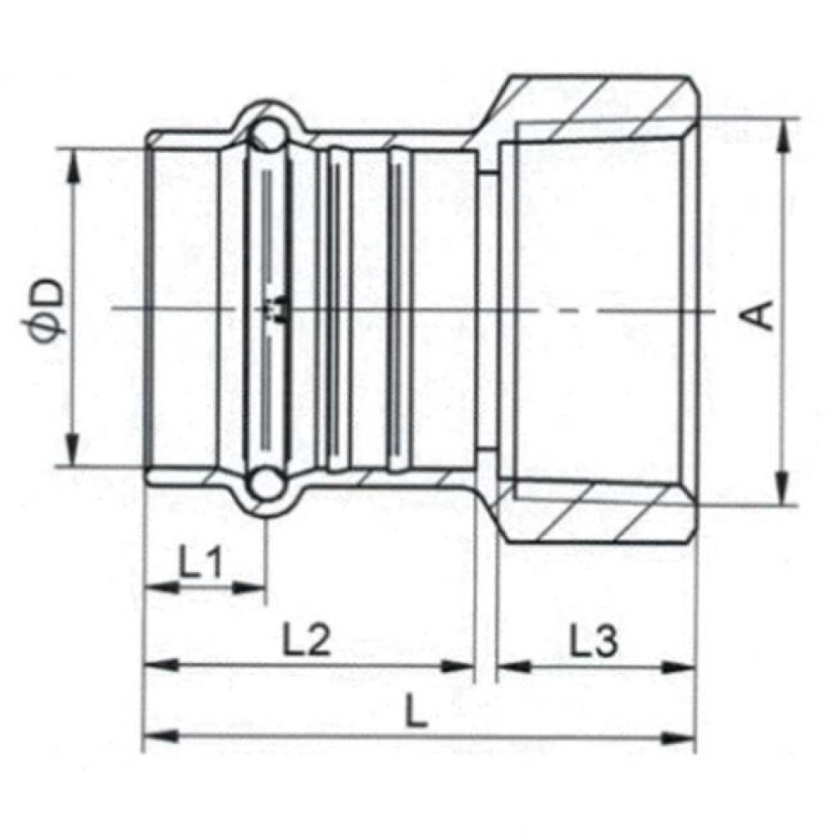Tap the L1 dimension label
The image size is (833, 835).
coord(200,564)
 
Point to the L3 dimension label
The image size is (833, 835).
coord(593,640)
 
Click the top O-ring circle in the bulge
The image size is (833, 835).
coord(267,135)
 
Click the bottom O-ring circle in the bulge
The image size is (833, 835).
coord(267,482)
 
